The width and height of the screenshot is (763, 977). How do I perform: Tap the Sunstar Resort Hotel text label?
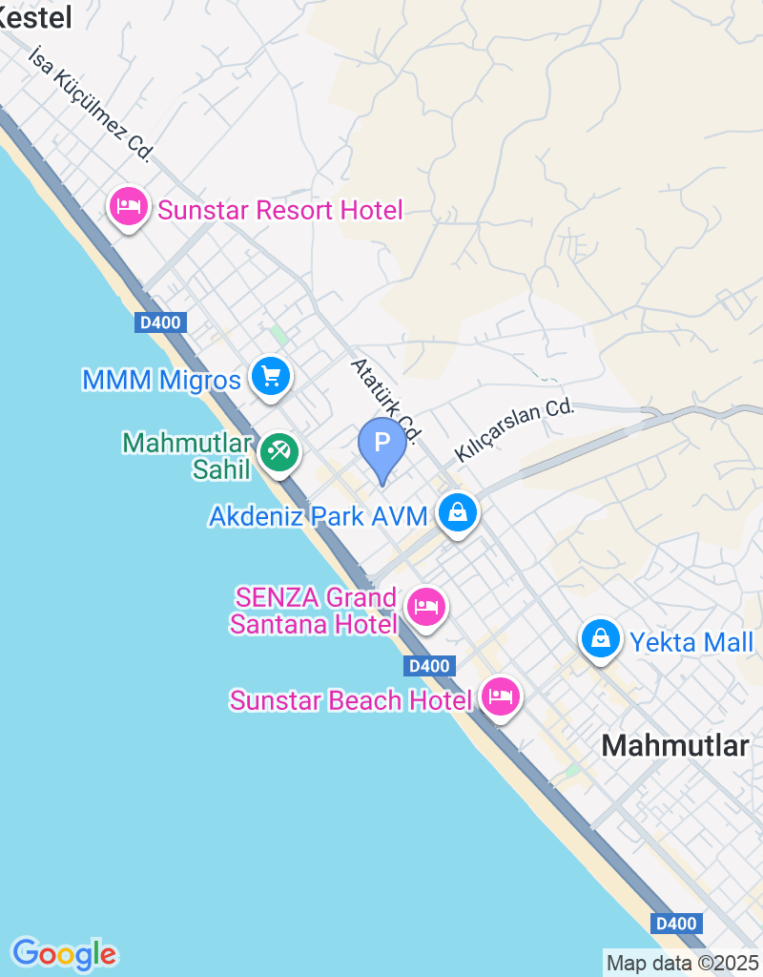[280, 210]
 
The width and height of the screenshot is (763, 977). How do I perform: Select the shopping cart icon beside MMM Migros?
[271, 377]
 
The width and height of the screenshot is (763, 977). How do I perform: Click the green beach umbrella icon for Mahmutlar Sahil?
[279, 451]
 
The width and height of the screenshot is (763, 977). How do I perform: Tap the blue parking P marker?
[381, 445]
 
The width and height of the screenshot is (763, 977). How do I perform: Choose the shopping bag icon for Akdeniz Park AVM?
[458, 513]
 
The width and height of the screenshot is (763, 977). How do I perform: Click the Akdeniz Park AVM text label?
[319, 516]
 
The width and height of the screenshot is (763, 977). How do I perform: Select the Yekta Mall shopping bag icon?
[601, 639]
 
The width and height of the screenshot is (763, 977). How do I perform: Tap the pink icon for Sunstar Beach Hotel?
[500, 697]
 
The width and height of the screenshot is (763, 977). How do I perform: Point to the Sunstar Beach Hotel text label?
[351, 700]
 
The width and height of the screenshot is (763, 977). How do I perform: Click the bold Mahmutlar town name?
[675, 745]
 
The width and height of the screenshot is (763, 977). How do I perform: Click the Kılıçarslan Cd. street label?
[515, 429]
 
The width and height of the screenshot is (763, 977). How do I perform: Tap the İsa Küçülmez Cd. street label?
[91, 104]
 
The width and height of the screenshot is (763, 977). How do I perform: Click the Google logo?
[64, 953]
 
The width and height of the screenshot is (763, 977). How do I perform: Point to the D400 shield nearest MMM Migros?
[160, 322]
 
